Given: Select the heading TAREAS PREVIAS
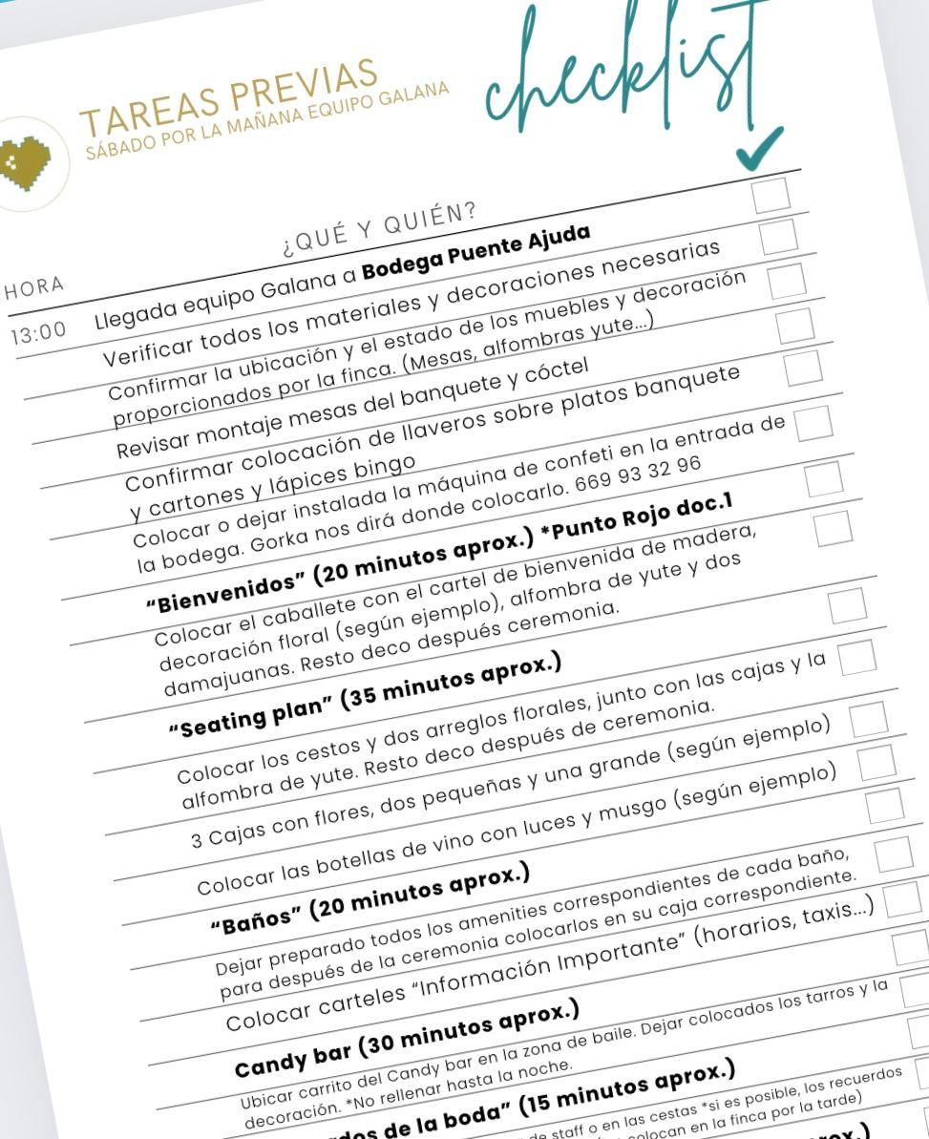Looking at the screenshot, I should click(229, 96).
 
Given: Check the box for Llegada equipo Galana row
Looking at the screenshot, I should click(778, 236).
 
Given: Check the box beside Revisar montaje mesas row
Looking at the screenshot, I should click(801, 368).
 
